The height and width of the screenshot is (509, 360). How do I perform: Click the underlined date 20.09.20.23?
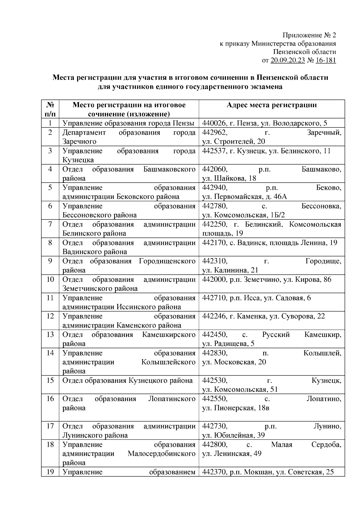pyautogui.click(x=288, y=61)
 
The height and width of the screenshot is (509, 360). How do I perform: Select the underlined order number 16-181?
pyautogui.click(x=326, y=61)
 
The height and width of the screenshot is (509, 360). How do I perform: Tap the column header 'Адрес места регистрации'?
pyautogui.click(x=271, y=105)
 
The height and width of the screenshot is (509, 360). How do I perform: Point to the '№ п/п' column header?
pyautogui.click(x=50, y=109)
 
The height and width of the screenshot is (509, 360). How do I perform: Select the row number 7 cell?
pyautogui.click(x=50, y=225)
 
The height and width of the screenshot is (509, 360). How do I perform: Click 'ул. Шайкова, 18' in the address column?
pyautogui.click(x=229, y=178)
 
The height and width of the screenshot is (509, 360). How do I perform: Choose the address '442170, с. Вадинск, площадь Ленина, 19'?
pyautogui.click(x=270, y=243)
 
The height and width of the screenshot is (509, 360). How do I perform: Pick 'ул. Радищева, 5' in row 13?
pyautogui.click(x=228, y=344)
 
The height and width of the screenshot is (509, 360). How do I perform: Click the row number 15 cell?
pyautogui.click(x=50, y=381)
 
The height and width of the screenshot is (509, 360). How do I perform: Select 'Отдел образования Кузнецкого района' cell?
pyautogui.click(x=127, y=381)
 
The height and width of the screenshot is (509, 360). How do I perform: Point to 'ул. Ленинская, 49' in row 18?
pyautogui.click(x=232, y=454)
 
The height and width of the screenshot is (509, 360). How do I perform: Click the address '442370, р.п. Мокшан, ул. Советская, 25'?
pyautogui.click(x=268, y=472)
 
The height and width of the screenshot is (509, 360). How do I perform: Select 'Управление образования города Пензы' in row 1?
pyautogui.click(x=128, y=123)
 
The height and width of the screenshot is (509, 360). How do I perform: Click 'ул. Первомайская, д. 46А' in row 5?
pyautogui.click(x=244, y=197)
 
